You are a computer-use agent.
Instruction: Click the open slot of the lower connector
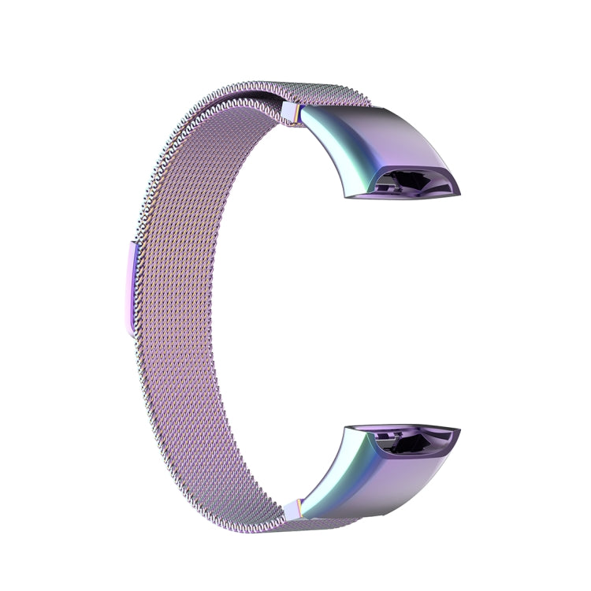pos(414,444)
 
